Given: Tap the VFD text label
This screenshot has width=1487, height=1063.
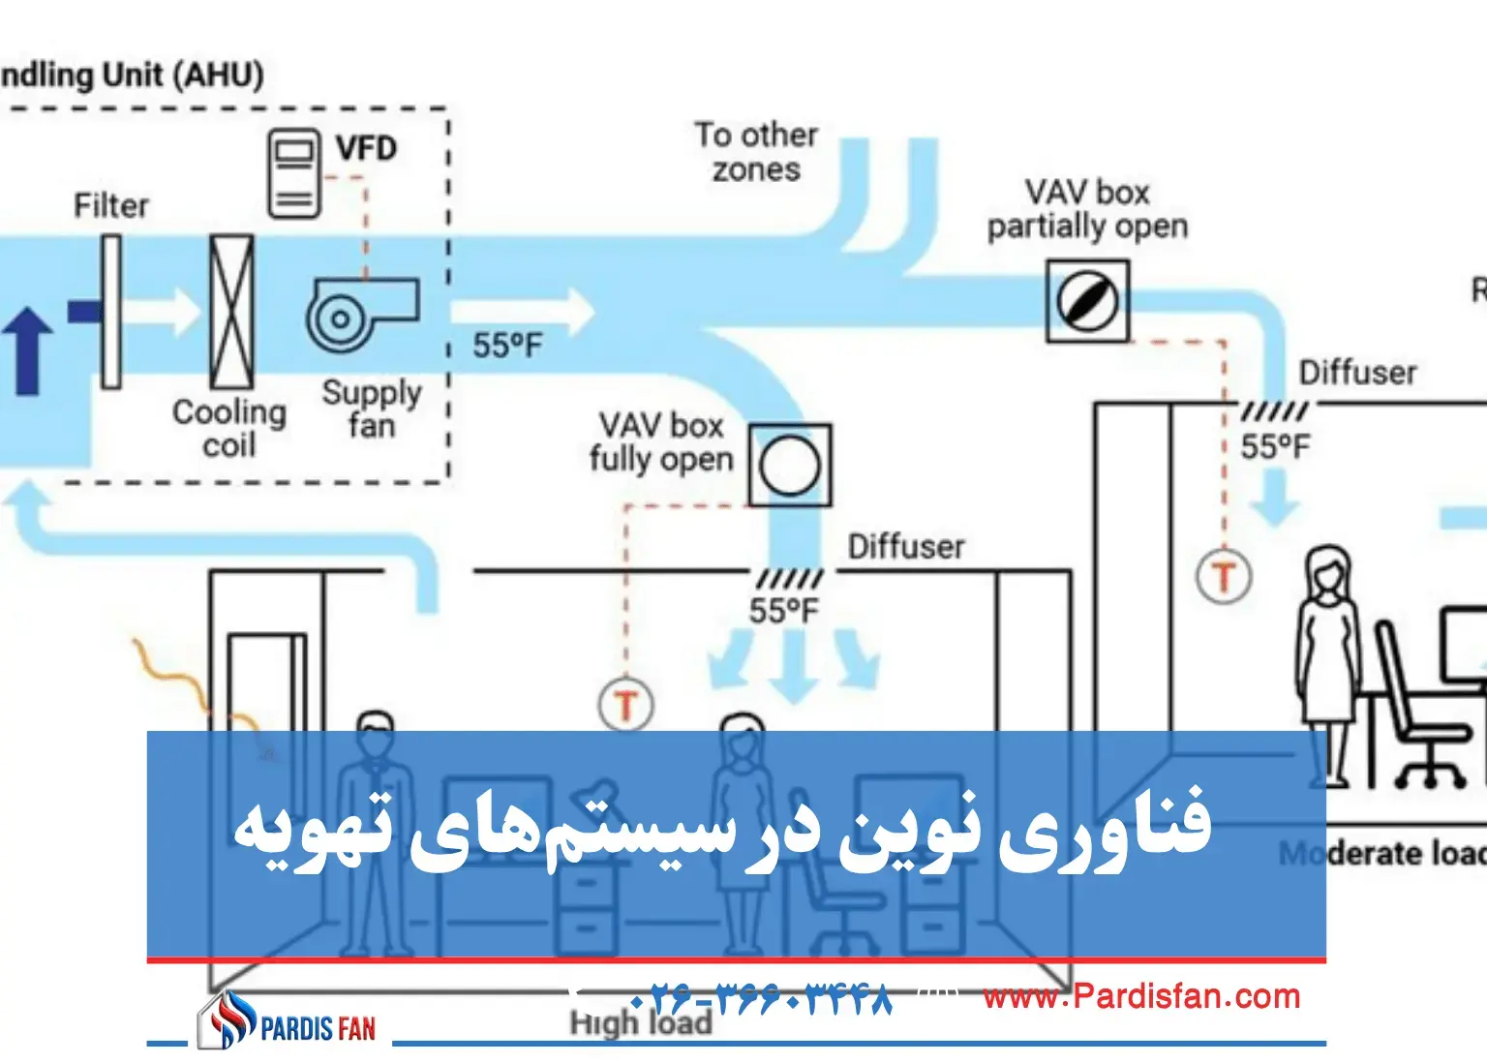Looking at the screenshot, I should click(x=366, y=149).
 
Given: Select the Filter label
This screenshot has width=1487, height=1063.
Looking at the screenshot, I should click(x=111, y=205).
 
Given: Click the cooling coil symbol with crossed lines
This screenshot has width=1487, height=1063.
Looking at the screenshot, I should click(x=232, y=312).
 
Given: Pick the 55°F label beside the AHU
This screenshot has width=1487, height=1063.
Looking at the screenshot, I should click(x=507, y=346).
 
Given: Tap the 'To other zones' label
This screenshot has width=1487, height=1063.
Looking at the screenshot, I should click(x=756, y=152).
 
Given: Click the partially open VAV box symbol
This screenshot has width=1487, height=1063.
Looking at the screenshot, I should click(x=1087, y=301).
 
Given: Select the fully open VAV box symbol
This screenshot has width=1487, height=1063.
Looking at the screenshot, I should click(x=790, y=465).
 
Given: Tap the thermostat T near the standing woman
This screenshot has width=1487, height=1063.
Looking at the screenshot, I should click(x=1224, y=577).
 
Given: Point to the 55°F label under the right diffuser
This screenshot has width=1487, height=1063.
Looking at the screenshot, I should click(x=1275, y=447).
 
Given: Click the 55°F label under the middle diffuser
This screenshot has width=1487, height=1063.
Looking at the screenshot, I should click(x=783, y=611).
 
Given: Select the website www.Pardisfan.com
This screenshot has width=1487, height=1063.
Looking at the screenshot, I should click(x=1141, y=996).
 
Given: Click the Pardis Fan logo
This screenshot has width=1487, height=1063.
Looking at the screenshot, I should click(x=288, y=1022).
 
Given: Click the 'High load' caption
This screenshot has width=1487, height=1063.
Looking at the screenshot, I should click(x=640, y=1023).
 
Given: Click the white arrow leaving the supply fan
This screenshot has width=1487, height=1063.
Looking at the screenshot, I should click(x=523, y=312).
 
